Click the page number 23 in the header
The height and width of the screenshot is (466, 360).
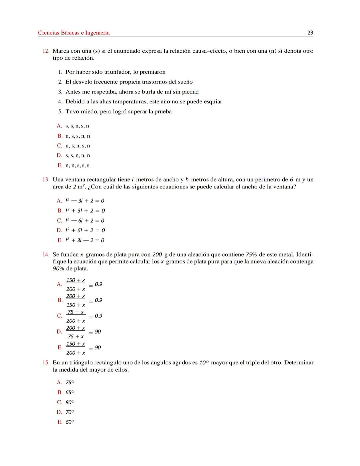point(310,33)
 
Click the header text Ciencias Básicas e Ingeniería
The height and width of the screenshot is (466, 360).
point(74,33)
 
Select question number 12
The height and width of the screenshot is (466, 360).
point(46,51)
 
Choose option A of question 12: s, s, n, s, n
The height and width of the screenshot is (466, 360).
point(77,126)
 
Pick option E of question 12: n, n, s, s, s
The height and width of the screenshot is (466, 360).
point(77,165)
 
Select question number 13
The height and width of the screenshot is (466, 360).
point(46,180)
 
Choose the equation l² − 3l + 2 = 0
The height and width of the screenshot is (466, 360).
point(85,201)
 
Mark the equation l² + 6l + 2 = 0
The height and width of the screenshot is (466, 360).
point(85,230)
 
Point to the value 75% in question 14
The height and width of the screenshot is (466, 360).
point(251,255)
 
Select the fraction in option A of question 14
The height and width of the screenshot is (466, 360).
point(75,285)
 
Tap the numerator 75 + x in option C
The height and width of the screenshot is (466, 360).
point(76,312)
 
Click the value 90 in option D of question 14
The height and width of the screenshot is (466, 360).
point(98,332)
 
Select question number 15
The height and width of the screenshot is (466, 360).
point(46,363)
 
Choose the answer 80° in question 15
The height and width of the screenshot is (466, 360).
point(70,403)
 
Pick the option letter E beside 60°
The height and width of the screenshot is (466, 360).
point(60,422)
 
